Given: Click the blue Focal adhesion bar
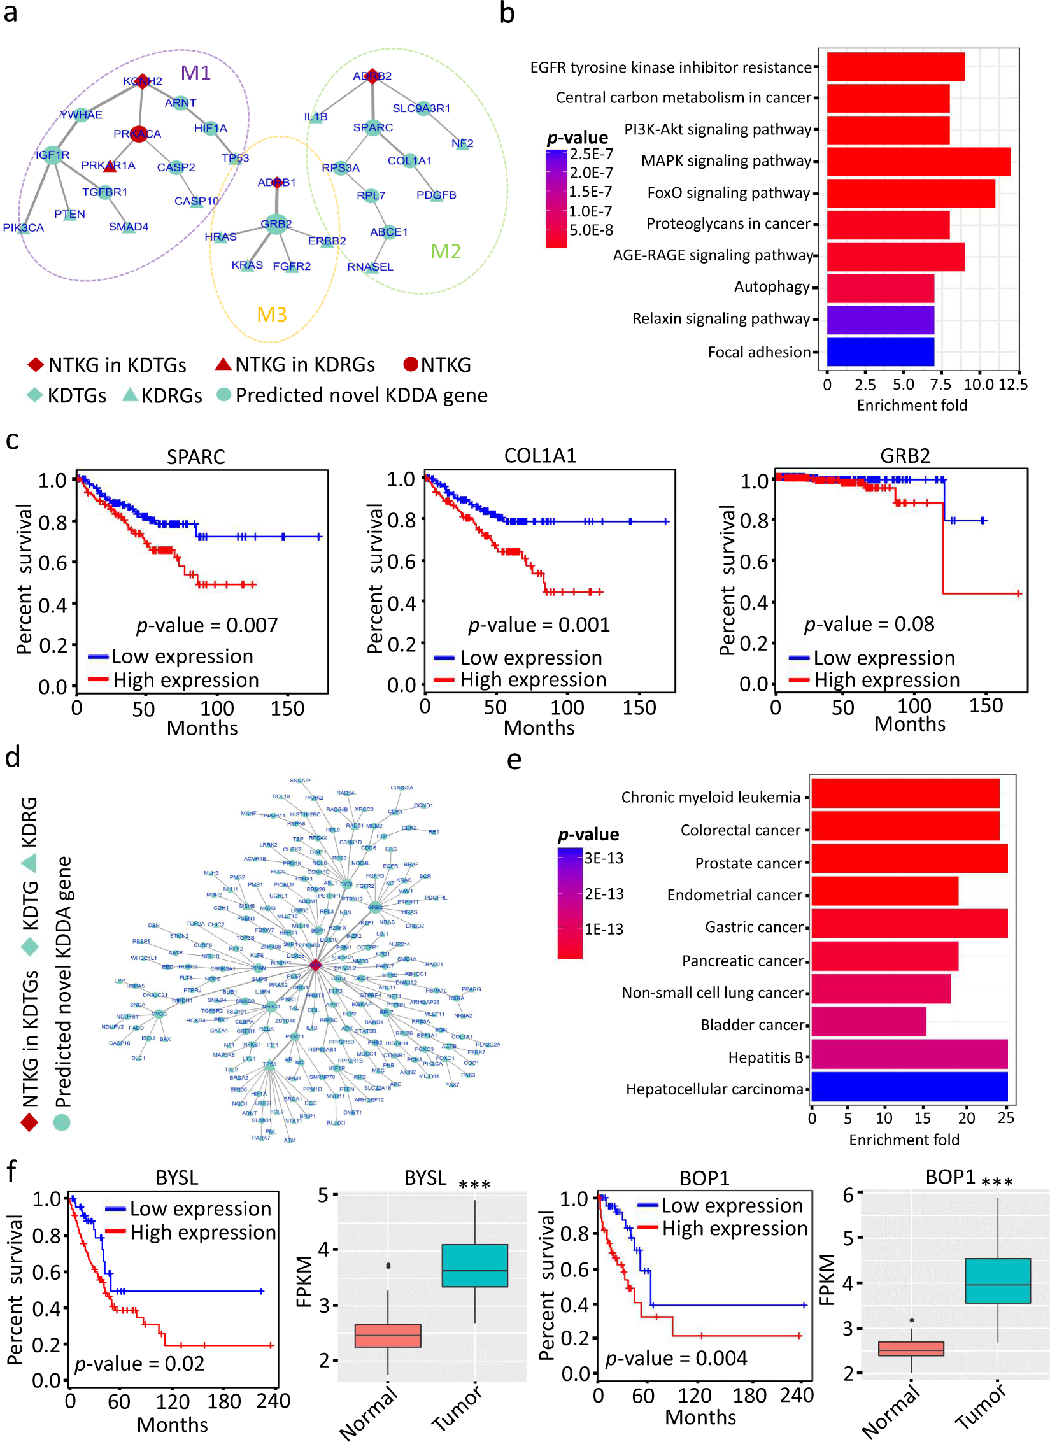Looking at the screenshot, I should (x=880, y=352).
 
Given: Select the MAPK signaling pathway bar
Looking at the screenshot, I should (x=918, y=162).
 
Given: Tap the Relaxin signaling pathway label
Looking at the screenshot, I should (x=721, y=319).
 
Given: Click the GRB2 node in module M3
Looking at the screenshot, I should (x=276, y=224).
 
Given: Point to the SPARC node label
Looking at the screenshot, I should (x=373, y=127).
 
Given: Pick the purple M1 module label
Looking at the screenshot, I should (x=195, y=73).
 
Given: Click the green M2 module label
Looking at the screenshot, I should (x=446, y=252).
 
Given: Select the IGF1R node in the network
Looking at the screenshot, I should (x=52, y=155).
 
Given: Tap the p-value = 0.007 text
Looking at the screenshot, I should (x=207, y=625).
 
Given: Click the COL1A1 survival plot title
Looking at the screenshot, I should (x=540, y=456).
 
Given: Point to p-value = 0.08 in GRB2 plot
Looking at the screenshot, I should (x=869, y=624).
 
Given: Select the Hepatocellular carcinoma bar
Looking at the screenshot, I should (x=909, y=1087).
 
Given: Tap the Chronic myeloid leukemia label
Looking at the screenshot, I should (x=711, y=798).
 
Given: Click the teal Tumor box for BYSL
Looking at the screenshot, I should (x=474, y=1266).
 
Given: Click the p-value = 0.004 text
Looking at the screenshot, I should (x=676, y=1359).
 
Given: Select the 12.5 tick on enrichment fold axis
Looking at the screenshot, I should (x=1012, y=385).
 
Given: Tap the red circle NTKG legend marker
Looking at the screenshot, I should (x=411, y=364).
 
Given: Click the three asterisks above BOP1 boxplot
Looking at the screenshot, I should (x=997, y=1182).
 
